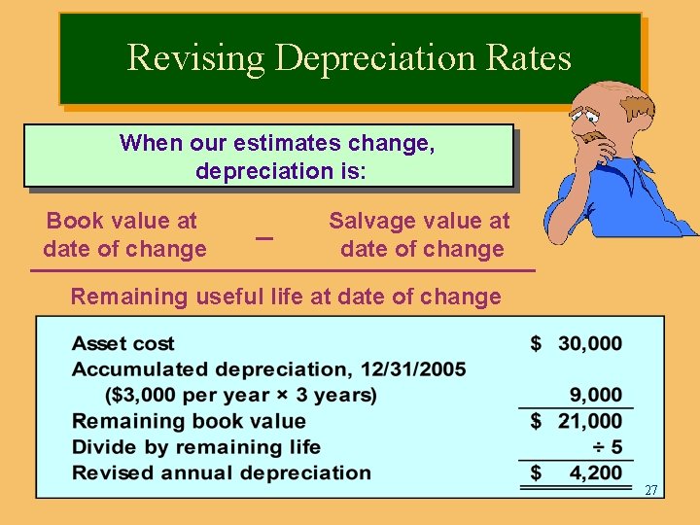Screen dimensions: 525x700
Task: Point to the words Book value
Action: click(122, 222)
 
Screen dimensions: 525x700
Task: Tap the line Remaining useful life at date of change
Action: click(285, 297)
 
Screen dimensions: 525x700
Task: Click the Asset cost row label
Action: click(123, 343)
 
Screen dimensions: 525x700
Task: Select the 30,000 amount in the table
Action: click(589, 343)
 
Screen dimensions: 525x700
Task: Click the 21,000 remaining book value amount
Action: click(589, 421)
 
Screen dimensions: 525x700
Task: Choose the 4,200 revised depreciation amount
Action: click(596, 473)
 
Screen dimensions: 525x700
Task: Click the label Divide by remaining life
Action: click(196, 447)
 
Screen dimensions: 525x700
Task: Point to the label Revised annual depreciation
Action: click(222, 473)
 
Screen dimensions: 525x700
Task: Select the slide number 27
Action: click(650, 491)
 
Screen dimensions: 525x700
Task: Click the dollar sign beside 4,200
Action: click(536, 473)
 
